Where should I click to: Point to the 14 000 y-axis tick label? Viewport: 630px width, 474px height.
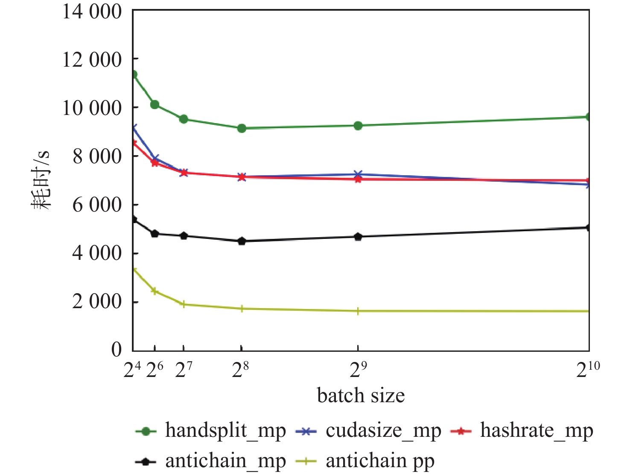click(x=92, y=12)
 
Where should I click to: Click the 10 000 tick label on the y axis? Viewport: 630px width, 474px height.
click(x=92, y=108)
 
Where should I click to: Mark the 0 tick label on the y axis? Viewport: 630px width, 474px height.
click(x=116, y=350)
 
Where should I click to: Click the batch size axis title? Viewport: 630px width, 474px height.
click(x=361, y=395)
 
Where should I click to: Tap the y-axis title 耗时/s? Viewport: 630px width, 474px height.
click(x=41, y=180)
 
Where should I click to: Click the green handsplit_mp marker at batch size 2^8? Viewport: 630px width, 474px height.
click(x=242, y=128)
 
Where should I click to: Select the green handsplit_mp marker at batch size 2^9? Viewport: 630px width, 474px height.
click(x=358, y=126)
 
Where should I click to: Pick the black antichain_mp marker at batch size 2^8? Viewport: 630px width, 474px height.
click(x=242, y=241)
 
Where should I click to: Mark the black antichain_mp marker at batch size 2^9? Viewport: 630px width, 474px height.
click(x=358, y=237)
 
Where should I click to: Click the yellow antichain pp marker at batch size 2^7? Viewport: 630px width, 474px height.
click(x=184, y=304)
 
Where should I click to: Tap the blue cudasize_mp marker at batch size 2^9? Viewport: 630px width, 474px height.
click(x=358, y=174)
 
